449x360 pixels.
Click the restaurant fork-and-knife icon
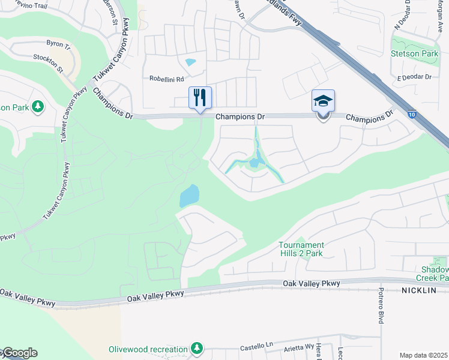tap(200, 98)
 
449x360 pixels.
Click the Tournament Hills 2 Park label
tap(301, 249)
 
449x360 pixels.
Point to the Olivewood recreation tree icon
tap(196, 349)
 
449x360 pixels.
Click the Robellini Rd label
tap(167, 79)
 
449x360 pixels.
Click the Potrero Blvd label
tap(381, 306)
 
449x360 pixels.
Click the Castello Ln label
tap(256, 347)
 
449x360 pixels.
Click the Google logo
tap(19, 353)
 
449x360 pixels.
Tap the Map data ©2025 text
tap(424, 355)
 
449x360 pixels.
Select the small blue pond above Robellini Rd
tap(191, 62)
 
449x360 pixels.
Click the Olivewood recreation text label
tap(148, 349)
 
